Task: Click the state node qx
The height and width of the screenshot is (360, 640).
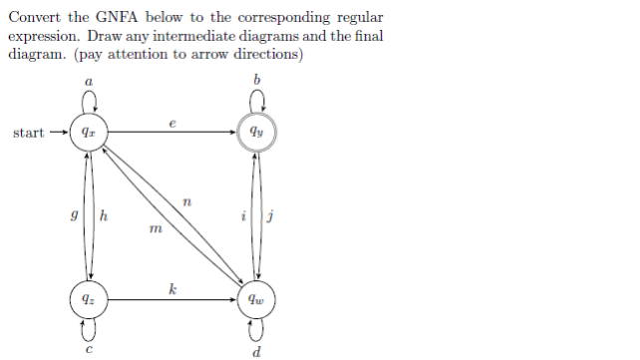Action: pyautogui.click(x=90, y=132)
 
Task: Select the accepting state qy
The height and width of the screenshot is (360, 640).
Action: pyautogui.click(x=258, y=132)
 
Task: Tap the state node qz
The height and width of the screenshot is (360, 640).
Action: pyautogui.click(x=90, y=297)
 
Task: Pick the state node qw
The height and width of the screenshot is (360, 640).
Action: pyautogui.click(x=258, y=297)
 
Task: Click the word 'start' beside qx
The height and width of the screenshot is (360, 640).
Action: pyautogui.click(x=28, y=133)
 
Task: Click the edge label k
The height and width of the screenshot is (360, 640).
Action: pyautogui.click(x=173, y=288)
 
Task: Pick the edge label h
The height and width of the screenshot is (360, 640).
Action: pyautogui.click(x=104, y=214)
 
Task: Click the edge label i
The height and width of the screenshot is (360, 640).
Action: pyautogui.click(x=244, y=214)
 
